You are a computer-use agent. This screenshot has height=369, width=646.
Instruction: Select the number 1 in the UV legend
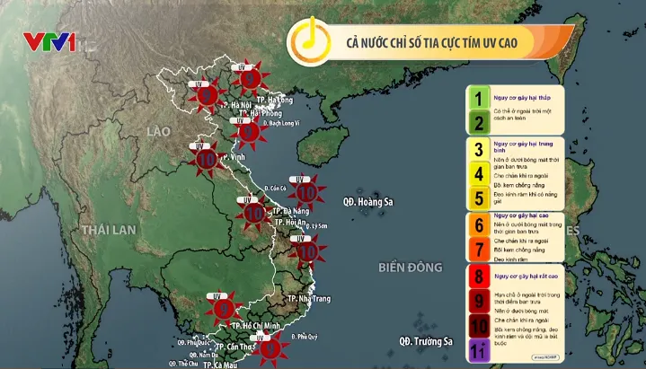480,98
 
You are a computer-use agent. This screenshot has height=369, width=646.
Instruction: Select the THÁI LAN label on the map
108,230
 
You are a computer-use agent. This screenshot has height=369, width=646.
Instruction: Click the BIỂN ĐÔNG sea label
411,267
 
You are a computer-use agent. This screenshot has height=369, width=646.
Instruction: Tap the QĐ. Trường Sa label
426,341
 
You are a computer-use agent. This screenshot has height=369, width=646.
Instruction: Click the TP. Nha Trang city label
311,297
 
